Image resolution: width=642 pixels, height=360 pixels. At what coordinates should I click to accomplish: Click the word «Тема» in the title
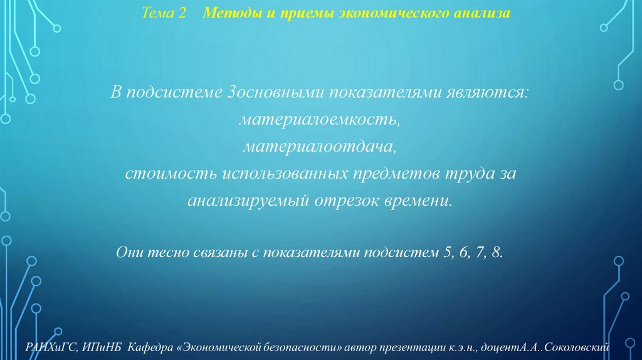click(x=156, y=13)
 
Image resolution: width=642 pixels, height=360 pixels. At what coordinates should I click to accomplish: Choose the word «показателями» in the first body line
click(x=376, y=93)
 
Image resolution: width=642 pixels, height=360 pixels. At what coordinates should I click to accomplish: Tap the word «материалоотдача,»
click(x=320, y=146)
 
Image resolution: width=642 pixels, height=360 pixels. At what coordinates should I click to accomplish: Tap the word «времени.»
click(x=419, y=201)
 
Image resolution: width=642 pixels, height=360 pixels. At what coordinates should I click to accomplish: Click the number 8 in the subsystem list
click(x=498, y=253)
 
